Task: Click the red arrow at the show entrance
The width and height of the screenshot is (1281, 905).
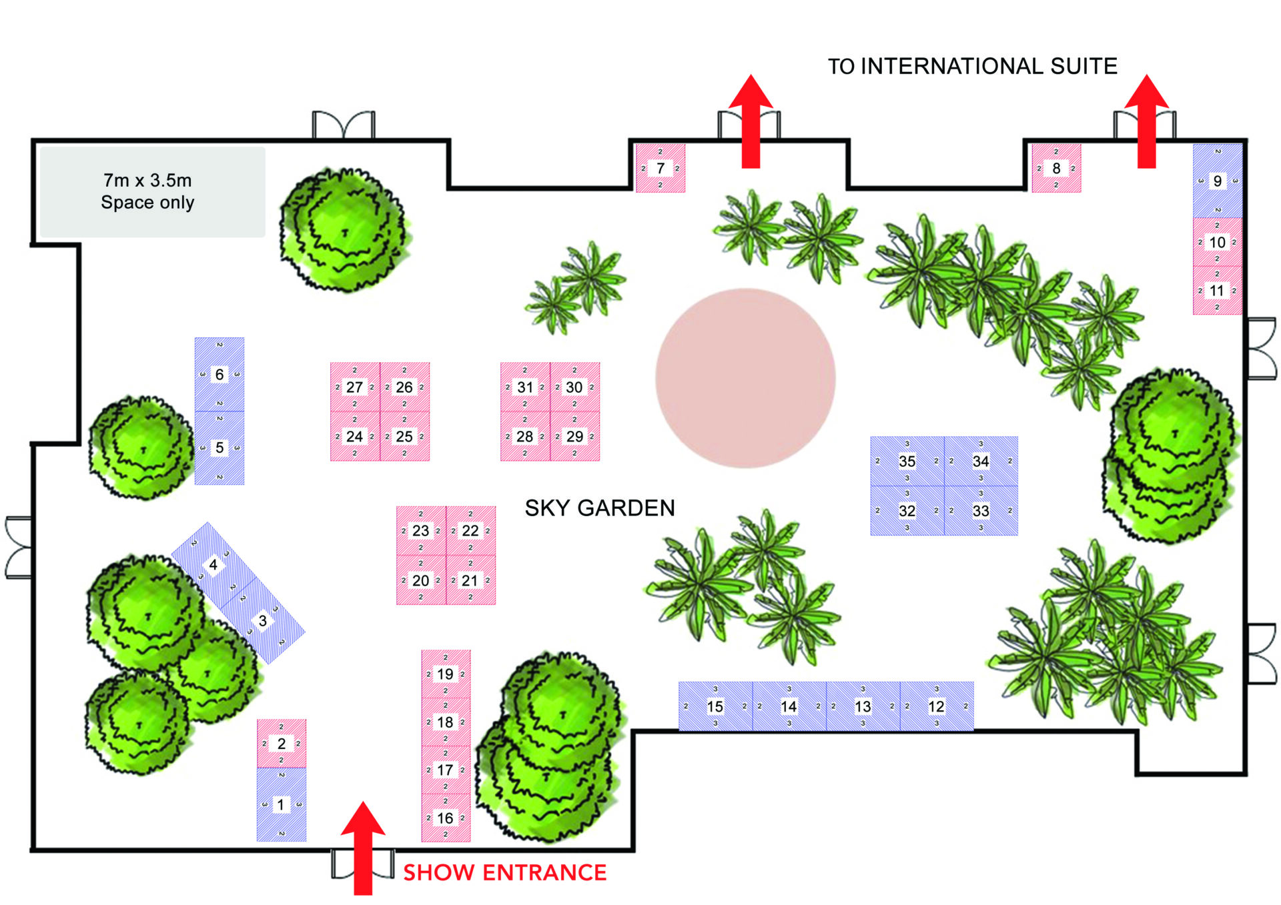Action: (x=362, y=847)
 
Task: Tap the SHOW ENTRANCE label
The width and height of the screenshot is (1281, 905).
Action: (x=504, y=872)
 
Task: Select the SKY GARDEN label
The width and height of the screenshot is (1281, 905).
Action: (x=599, y=508)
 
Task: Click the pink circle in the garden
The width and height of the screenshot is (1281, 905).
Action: (x=745, y=377)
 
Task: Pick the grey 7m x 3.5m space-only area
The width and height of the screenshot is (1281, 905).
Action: (x=152, y=192)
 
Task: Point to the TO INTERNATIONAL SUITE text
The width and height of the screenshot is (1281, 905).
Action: (x=972, y=67)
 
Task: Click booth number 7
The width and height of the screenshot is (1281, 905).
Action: (x=660, y=168)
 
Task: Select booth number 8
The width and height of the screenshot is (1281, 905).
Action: (x=1055, y=168)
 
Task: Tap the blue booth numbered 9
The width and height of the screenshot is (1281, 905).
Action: (x=1217, y=181)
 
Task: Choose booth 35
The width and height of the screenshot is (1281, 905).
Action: (x=907, y=461)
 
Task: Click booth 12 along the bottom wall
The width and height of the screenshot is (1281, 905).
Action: (x=936, y=706)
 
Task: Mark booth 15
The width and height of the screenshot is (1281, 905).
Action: (x=715, y=706)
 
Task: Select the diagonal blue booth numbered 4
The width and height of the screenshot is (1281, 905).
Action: (x=213, y=565)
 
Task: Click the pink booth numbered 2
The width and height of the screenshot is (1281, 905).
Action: (x=282, y=743)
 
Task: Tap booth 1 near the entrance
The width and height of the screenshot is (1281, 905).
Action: (x=282, y=804)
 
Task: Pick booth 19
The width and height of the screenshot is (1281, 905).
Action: (x=445, y=674)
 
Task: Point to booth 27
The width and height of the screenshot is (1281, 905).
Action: (x=354, y=387)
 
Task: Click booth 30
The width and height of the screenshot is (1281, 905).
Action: (x=574, y=387)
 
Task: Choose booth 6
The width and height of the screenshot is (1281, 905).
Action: (x=219, y=374)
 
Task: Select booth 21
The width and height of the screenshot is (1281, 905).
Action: (x=470, y=580)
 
